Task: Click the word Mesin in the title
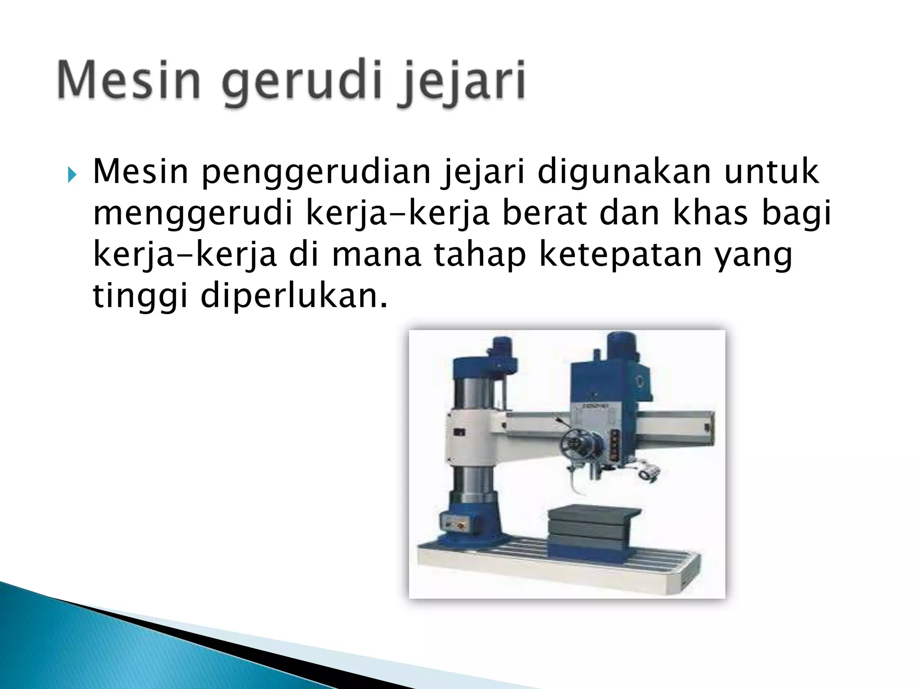[128, 81]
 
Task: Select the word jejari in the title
[462, 83]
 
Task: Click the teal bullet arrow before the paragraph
[71, 174]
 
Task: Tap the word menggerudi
[193, 214]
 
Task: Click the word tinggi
[140, 296]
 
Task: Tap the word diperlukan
[293, 296]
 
